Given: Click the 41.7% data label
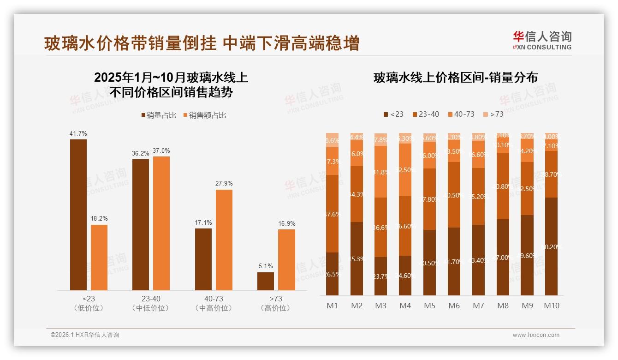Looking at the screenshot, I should point(78,134).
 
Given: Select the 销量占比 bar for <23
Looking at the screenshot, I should point(78,215).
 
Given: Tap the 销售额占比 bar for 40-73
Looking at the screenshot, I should point(224,240).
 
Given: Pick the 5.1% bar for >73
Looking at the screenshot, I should point(266,281).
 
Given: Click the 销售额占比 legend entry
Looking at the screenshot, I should point(205,115).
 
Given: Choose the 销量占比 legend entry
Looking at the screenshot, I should point(159,115).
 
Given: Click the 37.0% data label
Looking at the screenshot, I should point(161,151).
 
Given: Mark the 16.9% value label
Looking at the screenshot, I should point(286,224).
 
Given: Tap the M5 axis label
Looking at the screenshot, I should point(429,306).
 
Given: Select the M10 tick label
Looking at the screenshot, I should point(551,306).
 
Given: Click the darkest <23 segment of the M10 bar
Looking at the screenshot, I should point(551,246).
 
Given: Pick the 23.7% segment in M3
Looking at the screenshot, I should point(380,276).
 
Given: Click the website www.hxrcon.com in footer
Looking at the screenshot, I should point(536,335).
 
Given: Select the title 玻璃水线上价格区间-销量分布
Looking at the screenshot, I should point(456,78).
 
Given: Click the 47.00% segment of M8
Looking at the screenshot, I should point(502,257).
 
